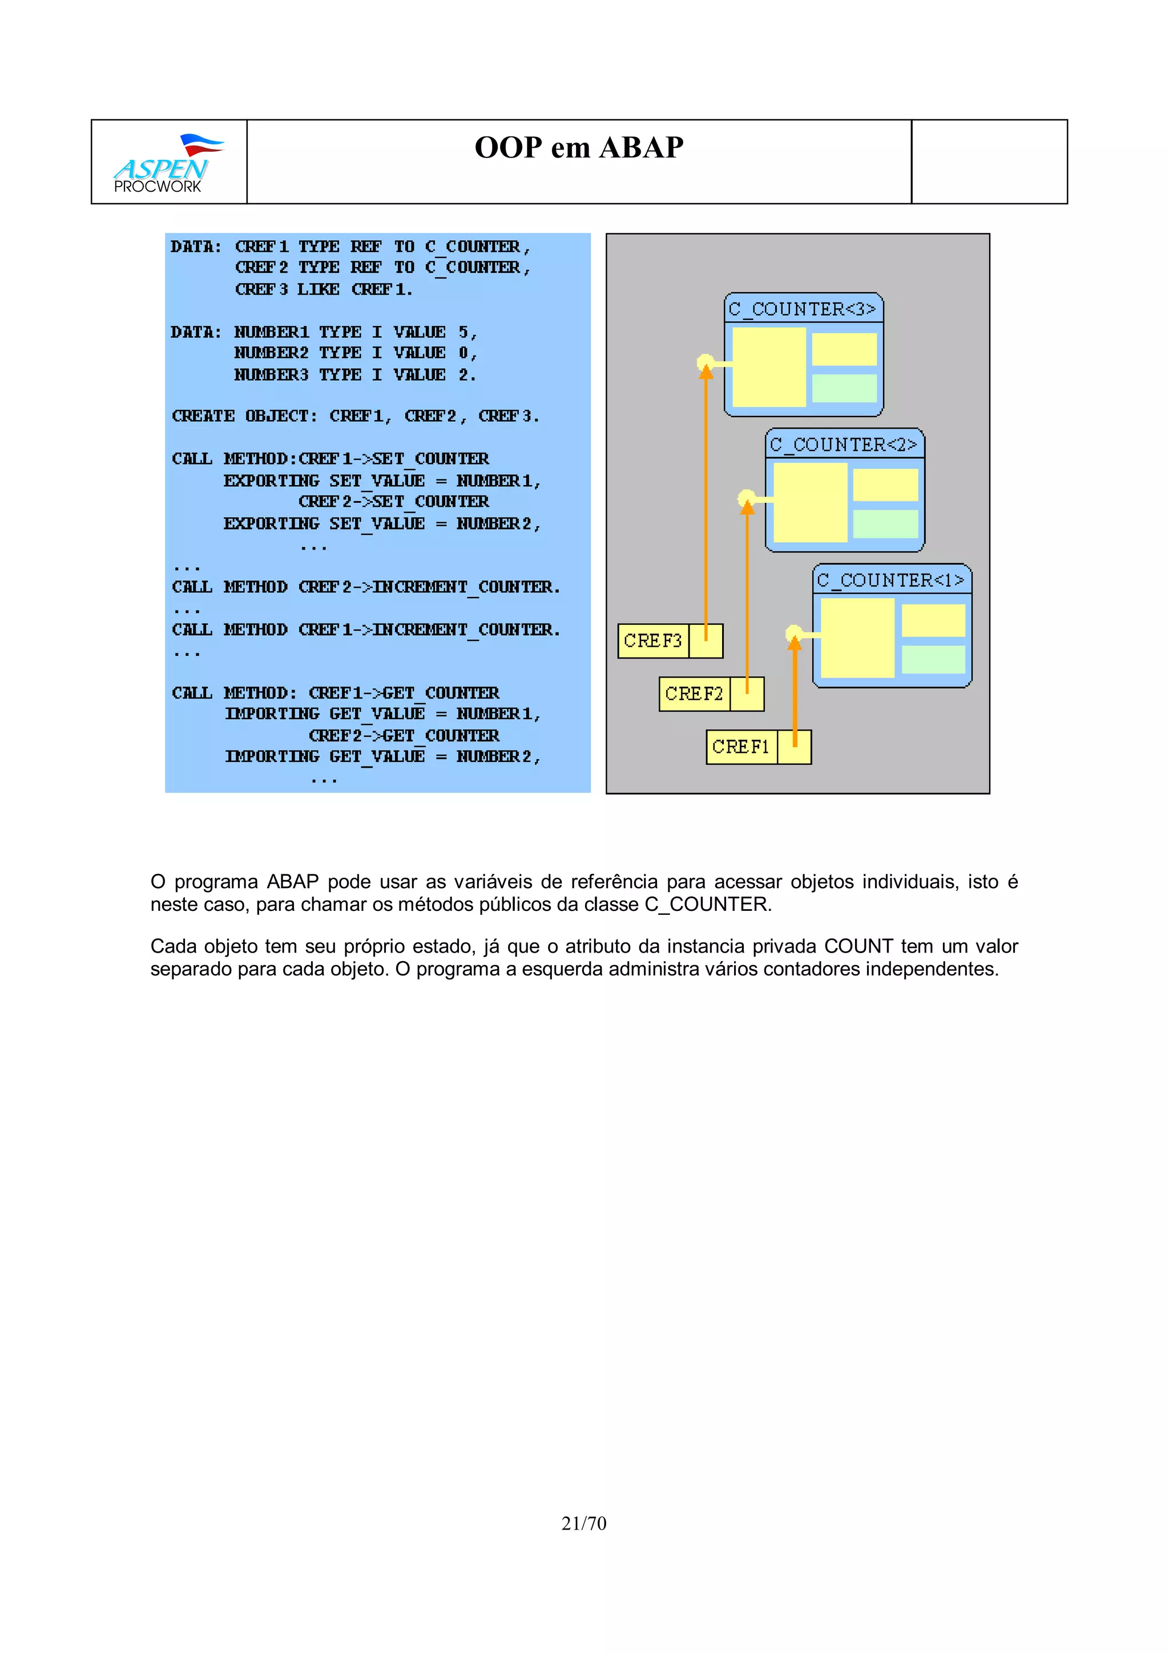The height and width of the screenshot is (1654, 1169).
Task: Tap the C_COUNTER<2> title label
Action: click(x=844, y=445)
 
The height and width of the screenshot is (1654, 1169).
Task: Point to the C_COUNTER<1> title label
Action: click(x=890, y=580)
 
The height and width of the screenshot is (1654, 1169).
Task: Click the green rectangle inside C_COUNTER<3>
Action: click(x=844, y=388)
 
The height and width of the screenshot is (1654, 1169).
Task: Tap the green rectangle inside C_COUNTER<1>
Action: click(x=933, y=659)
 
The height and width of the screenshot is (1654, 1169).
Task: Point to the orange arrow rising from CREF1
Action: click(x=795, y=692)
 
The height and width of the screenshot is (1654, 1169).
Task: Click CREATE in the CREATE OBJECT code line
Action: click(x=203, y=417)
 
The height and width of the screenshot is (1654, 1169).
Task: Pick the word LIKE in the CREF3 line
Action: click(x=319, y=289)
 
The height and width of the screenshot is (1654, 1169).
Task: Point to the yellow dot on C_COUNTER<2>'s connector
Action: click(x=746, y=498)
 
